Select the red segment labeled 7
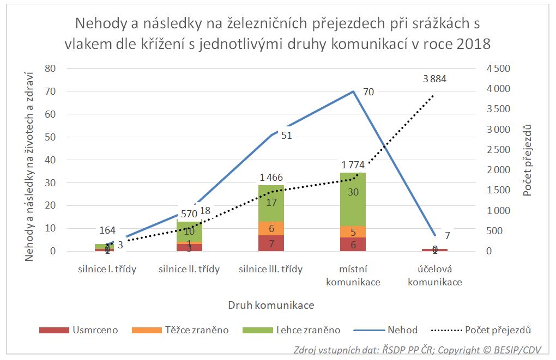click(x=271, y=243)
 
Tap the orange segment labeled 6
click(x=271, y=228)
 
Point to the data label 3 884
click(x=434, y=78)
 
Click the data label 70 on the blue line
click(x=368, y=92)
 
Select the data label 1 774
click(x=353, y=165)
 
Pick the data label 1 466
click(x=271, y=177)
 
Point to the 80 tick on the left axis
click(x=51, y=69)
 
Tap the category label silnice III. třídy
click(x=271, y=269)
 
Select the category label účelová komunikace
click(x=435, y=276)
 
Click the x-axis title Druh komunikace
click(x=271, y=305)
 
